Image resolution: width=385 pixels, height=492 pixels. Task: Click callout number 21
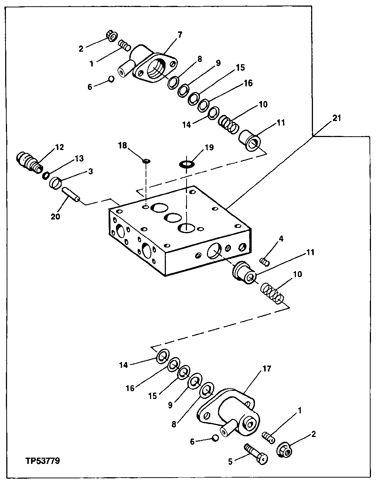click(336, 118)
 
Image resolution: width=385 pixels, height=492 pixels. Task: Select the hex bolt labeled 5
click(256, 453)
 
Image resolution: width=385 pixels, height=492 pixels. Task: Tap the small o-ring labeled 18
click(146, 161)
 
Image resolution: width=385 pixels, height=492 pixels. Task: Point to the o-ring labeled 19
click(187, 164)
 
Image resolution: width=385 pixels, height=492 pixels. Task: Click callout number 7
click(180, 35)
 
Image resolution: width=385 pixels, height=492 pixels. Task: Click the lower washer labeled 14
click(163, 356)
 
